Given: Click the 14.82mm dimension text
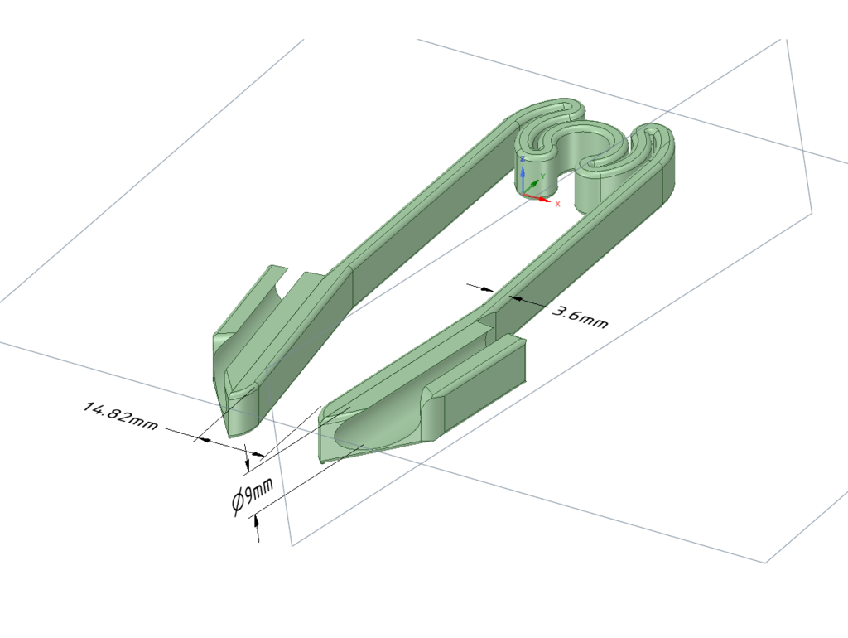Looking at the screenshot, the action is point(120,416).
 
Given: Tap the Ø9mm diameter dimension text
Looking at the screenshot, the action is point(253,495).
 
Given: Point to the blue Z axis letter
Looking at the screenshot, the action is point(523,159).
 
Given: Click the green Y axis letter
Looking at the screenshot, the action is point(542,176).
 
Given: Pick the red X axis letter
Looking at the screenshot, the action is point(557,204).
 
